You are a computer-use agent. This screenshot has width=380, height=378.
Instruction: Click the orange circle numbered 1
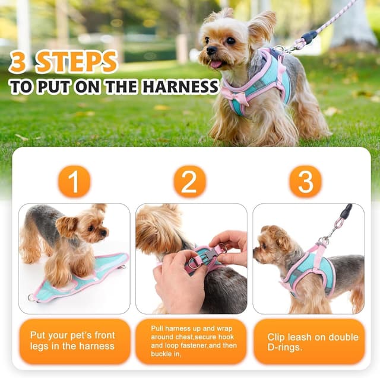click(74, 181)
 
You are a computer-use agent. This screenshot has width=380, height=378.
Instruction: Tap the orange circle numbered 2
click(189, 181)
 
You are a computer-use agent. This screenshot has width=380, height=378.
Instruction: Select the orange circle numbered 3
click(305, 181)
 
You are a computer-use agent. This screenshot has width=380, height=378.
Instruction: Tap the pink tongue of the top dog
click(214, 64)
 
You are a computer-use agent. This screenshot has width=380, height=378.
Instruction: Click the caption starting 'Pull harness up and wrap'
click(189, 341)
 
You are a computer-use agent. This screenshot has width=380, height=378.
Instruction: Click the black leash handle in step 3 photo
click(346, 212)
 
